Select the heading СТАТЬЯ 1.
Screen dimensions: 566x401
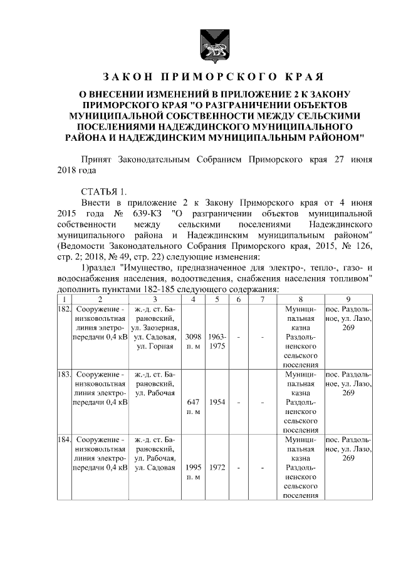(103, 191)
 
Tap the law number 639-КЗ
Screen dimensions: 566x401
(150, 213)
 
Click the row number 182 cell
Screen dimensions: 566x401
(63, 310)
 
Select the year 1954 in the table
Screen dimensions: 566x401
(217, 403)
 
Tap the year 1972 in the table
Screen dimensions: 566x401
(217, 467)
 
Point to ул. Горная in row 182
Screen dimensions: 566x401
(154, 346)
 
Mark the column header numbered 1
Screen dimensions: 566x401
(63, 299)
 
